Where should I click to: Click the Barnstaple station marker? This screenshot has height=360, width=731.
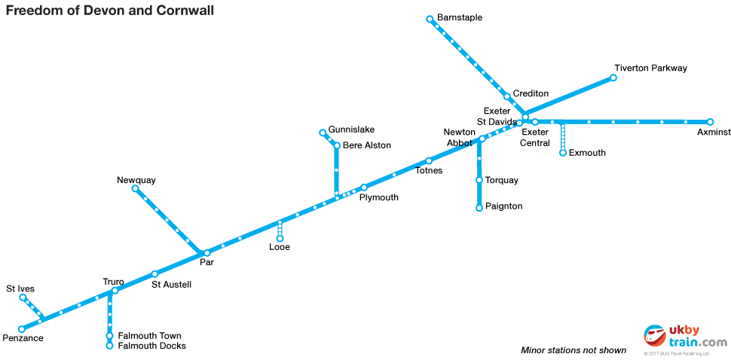(430, 19)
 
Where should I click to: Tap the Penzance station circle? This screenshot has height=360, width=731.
(22, 329)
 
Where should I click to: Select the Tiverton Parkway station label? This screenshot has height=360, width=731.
(650, 69)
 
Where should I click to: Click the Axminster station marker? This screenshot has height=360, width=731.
(710, 122)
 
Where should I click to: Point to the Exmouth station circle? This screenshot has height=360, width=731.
(563, 153)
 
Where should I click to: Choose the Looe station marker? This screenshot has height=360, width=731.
(280, 239)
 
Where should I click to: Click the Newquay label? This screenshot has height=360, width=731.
(136, 181)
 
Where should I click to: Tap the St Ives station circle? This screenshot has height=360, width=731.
(23, 297)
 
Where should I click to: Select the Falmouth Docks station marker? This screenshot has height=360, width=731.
(110, 346)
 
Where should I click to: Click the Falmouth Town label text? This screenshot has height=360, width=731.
(150, 336)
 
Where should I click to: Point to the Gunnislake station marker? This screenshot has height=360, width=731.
(323, 133)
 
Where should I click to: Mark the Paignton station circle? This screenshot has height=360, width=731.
(479, 208)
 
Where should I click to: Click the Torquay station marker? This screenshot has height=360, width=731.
(479, 180)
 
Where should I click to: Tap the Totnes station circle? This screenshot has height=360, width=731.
(429, 160)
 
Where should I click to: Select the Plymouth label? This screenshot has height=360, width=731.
(379, 198)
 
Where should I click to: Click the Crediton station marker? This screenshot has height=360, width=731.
(507, 96)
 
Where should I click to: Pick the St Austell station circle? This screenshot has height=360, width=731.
(154, 274)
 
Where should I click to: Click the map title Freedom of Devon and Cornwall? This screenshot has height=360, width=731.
(110, 11)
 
